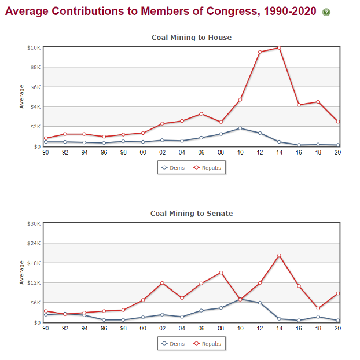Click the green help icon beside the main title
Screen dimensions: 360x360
click(326, 12)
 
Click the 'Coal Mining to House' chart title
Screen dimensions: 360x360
click(192, 38)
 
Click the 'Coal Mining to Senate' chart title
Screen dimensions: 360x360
click(192, 214)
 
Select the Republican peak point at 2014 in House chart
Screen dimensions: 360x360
click(279, 47)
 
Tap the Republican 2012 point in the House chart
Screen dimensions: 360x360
click(260, 52)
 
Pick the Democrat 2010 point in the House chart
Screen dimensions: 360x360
click(240, 128)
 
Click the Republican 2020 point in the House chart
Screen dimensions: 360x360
click(337, 122)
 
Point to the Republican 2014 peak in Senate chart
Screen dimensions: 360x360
click(279, 255)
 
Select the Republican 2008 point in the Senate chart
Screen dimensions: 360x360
click(221, 273)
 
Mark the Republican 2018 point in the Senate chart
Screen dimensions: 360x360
click(318, 308)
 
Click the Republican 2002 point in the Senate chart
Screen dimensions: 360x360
click(162, 283)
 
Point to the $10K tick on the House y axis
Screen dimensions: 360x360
click(34, 47)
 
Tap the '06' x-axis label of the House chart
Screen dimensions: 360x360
click(201, 153)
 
